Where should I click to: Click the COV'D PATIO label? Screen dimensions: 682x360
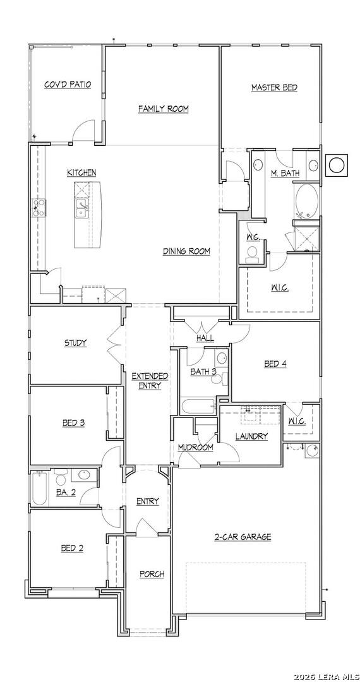pyautogui.click(x=68, y=84)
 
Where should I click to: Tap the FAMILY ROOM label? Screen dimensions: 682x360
pyautogui.click(x=164, y=109)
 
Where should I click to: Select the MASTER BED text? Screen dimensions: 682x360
pyautogui.click(x=274, y=88)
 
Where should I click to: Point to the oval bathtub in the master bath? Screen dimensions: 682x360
pyautogui.click(x=307, y=200)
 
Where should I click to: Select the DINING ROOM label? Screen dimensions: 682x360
pyautogui.click(x=186, y=251)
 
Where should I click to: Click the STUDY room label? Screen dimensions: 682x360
pyautogui.click(x=75, y=343)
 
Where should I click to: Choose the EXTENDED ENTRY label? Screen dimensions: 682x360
pyautogui.click(x=150, y=381)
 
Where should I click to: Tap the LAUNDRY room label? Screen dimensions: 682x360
pyautogui.click(x=251, y=436)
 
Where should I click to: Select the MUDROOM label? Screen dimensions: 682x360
pyautogui.click(x=195, y=447)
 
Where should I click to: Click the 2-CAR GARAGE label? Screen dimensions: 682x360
pyautogui.click(x=243, y=537)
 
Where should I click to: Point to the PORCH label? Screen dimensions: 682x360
pyautogui.click(x=152, y=574)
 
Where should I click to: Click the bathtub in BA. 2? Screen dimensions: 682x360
pyautogui.click(x=40, y=490)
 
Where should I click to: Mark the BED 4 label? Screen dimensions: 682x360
pyautogui.click(x=275, y=364)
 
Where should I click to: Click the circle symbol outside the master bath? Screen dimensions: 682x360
pyautogui.click(x=337, y=165)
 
